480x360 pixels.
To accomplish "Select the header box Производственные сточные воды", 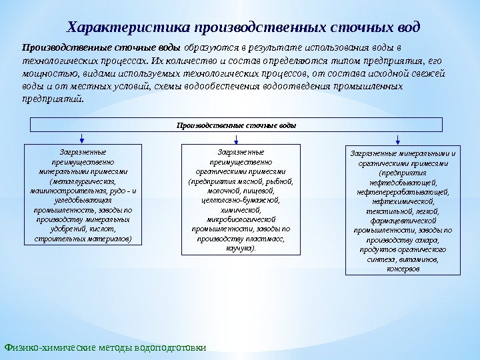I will [236, 125].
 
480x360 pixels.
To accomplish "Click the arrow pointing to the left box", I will [82, 138].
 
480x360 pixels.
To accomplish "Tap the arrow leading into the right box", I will [397, 138].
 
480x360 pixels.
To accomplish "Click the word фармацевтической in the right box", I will [403, 221].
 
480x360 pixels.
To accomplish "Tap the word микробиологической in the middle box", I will [241, 219].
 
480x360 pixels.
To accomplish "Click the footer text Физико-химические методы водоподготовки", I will [105, 347].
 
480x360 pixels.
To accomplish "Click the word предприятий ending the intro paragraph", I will [53, 98].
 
